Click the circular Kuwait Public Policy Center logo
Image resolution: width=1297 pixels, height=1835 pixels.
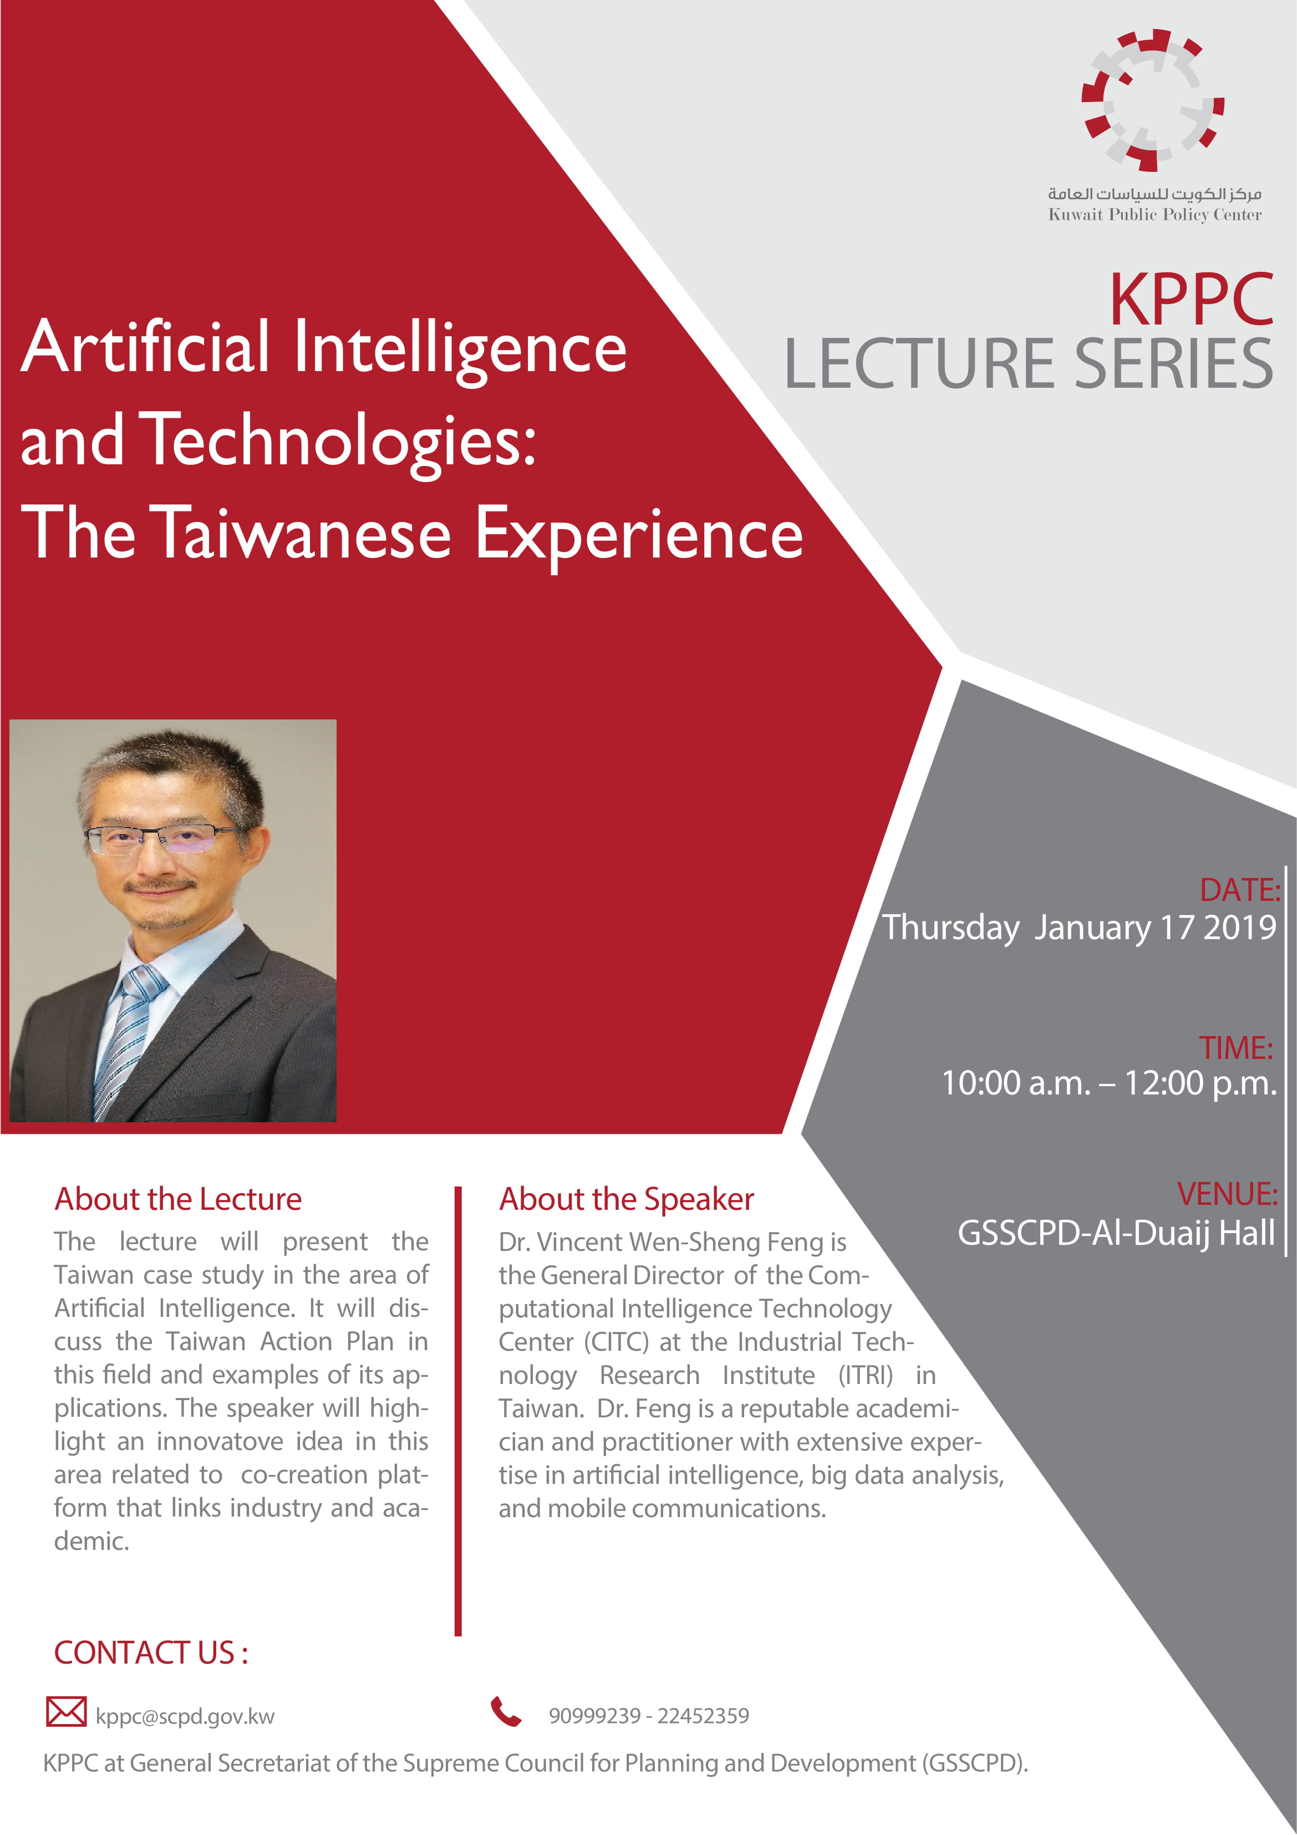1152,100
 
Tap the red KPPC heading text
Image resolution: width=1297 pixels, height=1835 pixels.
1191,300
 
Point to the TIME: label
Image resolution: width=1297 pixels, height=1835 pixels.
1235,1048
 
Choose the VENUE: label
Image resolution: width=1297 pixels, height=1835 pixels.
1228,1194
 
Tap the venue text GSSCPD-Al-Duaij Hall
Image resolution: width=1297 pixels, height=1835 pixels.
1116,1233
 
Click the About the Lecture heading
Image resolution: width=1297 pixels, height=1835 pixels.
178,1199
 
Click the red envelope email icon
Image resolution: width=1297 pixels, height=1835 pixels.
67,1711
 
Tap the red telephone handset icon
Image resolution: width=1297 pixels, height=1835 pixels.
506,1711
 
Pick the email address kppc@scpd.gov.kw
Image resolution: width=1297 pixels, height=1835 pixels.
185,1717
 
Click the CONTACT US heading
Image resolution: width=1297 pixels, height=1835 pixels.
151,1653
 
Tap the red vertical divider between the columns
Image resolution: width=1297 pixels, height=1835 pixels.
458,1411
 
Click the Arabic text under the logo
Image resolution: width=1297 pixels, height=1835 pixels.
1154,194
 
